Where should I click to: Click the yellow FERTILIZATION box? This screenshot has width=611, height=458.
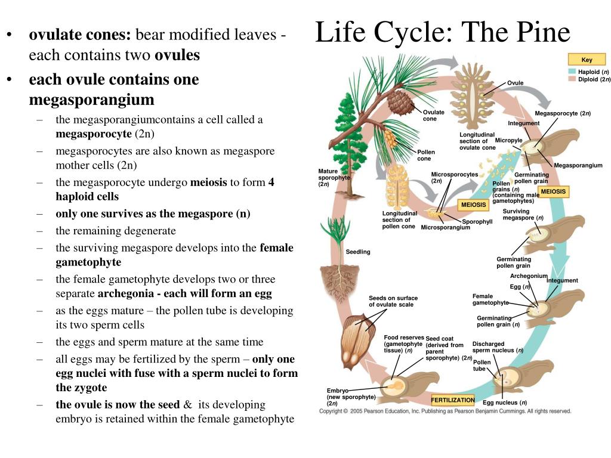[453, 400]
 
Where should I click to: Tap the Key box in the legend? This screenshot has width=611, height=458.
[587, 59]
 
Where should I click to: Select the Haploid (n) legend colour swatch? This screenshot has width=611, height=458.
[572, 72]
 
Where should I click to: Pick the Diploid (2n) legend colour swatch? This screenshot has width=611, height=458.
[572, 79]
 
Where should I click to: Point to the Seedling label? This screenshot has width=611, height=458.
[358, 252]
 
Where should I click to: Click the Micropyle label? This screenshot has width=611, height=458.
[508, 140]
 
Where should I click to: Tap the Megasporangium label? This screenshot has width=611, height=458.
[578, 166]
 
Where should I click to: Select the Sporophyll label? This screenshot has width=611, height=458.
[477, 222]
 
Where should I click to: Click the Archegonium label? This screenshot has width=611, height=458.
[529, 276]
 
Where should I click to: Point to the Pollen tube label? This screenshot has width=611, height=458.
[482, 366]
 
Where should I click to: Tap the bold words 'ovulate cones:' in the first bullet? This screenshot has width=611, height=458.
[80, 35]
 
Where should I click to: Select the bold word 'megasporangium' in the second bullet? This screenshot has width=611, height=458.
[91, 100]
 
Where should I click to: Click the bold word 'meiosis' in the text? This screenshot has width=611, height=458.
[208, 182]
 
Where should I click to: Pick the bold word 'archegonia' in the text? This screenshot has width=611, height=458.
[126, 293]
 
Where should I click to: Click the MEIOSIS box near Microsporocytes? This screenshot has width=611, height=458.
[473, 205]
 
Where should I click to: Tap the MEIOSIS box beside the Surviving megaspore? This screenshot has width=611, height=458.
[553, 191]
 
